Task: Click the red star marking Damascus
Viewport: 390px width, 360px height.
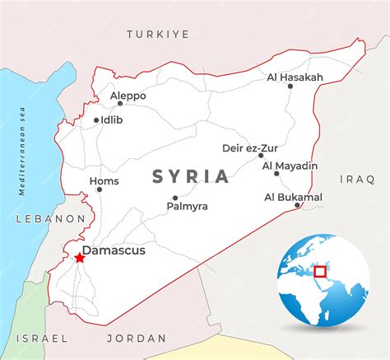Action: pos(79,258)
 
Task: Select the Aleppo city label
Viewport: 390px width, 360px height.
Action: pos(128,96)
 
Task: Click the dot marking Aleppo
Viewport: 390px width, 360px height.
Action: pos(120,104)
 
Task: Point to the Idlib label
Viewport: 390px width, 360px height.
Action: pos(113,120)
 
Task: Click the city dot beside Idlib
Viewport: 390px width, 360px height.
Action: pos(96,120)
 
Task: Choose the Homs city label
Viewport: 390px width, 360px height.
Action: pos(104,181)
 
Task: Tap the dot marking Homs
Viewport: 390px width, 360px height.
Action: pos(100,189)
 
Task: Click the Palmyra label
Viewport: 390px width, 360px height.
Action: pos(187,206)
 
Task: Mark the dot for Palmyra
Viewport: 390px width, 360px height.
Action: pos(175,198)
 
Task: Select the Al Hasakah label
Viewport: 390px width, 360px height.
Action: pos(295,77)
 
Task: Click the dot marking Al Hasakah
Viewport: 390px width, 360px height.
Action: pos(290,86)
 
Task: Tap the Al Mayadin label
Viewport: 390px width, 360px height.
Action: pos(290,166)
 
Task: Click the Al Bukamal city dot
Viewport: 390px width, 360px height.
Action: pos(298,204)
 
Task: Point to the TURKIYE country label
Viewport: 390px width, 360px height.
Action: pos(157,34)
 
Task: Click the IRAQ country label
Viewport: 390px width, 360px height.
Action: pos(357,178)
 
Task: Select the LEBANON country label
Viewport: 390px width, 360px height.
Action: pos(49,218)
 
